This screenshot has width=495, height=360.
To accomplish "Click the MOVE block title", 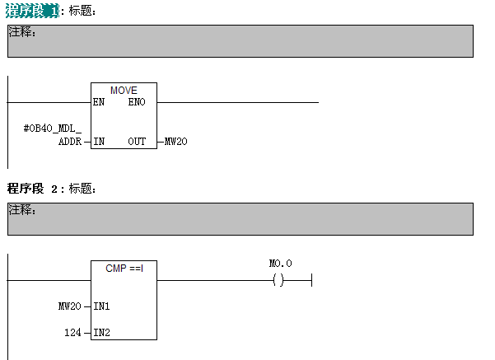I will pos(124,90).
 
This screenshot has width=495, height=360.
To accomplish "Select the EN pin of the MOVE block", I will pos(99,102).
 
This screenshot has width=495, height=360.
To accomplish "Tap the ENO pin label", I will pos(137,102).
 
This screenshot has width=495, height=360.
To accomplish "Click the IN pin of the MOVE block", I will pos(99,142).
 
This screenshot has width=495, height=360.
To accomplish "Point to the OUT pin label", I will pos(137,142).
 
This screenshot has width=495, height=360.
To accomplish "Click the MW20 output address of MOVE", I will pos(175,142).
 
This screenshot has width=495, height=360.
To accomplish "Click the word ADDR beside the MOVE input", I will pos(69,142).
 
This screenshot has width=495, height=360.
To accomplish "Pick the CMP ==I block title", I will pos(124,268).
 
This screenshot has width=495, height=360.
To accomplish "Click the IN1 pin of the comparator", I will pos(102,306).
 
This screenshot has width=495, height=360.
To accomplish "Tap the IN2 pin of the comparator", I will pos(102,333).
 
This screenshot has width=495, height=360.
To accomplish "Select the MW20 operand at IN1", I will pos(70,306).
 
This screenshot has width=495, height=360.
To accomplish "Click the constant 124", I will pos(72,333).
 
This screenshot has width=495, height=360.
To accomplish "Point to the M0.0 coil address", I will pos(280,264).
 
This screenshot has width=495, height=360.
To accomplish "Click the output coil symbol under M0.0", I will pos(278,281).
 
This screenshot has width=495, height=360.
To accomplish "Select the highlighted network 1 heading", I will pos(32,11).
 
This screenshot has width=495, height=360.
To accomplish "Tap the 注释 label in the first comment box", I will pos(22,33).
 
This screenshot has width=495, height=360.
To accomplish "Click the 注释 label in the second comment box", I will pos(22,210).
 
